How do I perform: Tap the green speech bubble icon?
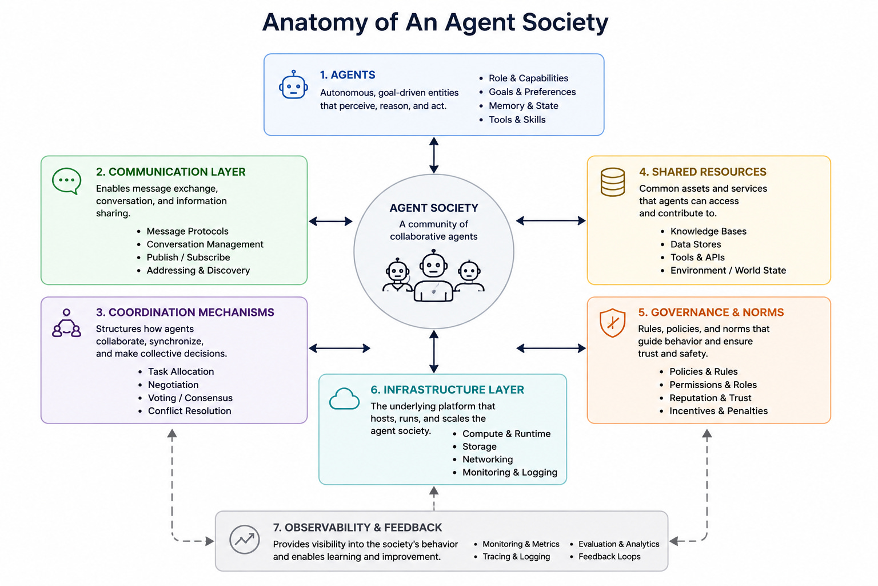click(x=67, y=181)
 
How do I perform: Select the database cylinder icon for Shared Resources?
click(x=613, y=182)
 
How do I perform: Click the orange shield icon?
click(x=613, y=323)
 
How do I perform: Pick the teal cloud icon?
click(x=344, y=399)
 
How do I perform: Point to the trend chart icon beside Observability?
click(x=245, y=540)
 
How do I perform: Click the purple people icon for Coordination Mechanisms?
click(x=66, y=323)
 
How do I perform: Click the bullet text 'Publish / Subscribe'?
click(x=188, y=258)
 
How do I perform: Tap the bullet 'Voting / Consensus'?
click(x=190, y=398)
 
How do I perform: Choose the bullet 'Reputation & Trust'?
click(x=711, y=398)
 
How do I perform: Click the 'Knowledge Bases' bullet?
click(x=708, y=231)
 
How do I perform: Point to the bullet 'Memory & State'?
click(x=523, y=106)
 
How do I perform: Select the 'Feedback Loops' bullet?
click(x=609, y=557)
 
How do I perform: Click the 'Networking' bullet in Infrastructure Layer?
click(x=488, y=459)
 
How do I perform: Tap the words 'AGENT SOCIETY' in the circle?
click(x=434, y=208)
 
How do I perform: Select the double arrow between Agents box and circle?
click(x=433, y=155)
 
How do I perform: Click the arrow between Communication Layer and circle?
click(x=330, y=221)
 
